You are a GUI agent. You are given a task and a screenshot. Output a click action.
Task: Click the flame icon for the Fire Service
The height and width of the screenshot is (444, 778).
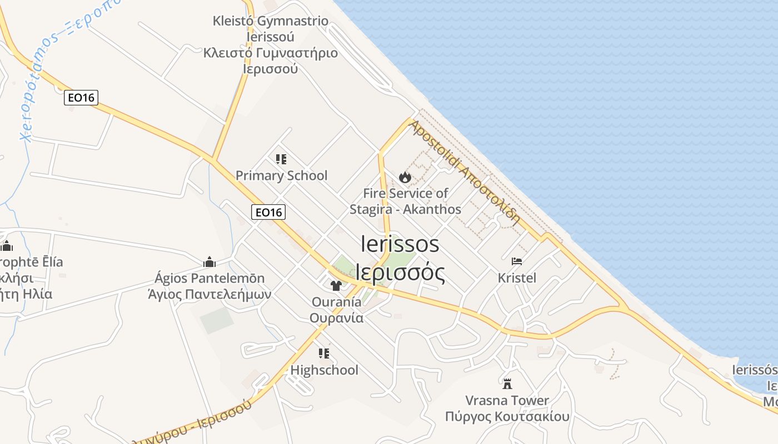[405, 177]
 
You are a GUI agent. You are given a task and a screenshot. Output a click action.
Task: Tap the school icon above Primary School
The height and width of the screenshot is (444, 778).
[281, 159]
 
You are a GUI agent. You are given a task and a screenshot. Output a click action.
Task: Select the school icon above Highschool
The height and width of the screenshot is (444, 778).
[324, 353]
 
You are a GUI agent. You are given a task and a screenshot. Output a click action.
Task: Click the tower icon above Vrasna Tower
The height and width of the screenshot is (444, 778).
[507, 383]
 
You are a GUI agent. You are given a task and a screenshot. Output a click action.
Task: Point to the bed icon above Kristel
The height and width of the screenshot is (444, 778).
[517, 261]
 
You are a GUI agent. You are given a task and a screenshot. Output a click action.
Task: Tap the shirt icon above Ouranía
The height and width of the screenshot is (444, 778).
[336, 286]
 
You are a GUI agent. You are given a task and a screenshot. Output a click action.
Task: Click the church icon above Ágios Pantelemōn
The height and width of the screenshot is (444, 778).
[210, 261]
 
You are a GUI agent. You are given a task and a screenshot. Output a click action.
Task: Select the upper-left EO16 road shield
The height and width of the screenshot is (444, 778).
[81, 98]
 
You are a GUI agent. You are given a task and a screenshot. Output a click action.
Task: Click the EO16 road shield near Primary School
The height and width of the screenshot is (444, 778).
[268, 211]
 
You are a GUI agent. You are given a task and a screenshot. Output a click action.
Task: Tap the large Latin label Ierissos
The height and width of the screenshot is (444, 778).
[400, 244]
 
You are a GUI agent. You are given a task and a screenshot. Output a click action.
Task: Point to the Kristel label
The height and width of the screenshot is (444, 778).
[517, 277]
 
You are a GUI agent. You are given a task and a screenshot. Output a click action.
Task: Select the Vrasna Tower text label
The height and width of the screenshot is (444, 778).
[507, 400]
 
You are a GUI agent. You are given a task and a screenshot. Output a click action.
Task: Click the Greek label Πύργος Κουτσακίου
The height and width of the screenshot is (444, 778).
[507, 416]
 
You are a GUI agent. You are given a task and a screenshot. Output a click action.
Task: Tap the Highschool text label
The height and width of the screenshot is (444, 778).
[324, 370]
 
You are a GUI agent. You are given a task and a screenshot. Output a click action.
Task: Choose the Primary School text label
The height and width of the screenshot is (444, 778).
[281, 176]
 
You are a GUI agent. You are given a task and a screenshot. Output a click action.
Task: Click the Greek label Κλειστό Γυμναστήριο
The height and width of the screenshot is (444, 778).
[270, 53]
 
